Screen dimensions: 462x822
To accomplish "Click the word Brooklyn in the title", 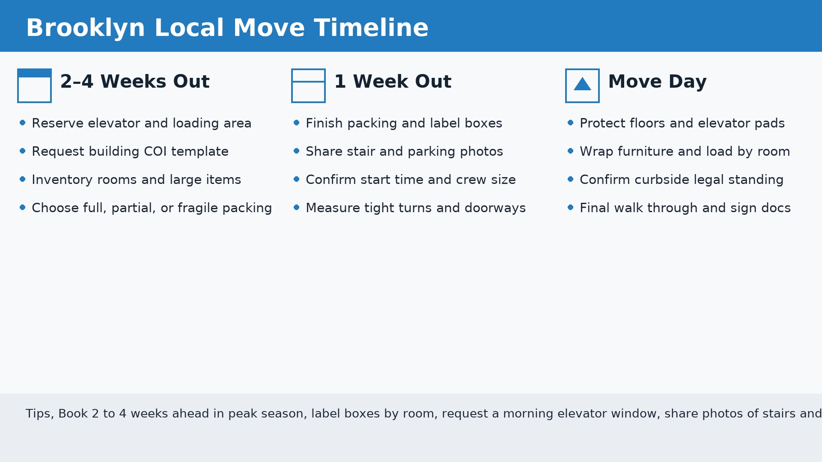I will click(86, 28).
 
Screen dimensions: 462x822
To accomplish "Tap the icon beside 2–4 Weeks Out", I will click(34, 86).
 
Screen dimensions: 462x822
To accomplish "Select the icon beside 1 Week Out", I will click(308, 86).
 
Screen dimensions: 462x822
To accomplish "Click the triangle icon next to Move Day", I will click(582, 84).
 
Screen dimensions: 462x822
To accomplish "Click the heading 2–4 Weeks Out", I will click(134, 82).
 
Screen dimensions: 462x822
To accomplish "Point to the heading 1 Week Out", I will click(392, 82).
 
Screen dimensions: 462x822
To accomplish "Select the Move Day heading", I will click(657, 82).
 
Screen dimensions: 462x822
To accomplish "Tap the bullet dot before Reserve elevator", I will click(23, 123).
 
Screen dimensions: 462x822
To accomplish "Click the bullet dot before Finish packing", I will click(297, 123).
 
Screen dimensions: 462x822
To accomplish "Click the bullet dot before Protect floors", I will click(571, 123).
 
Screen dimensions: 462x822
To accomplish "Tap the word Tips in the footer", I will click(39, 414).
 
